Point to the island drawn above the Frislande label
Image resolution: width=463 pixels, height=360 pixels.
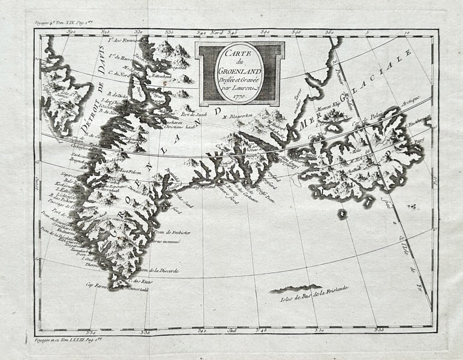click(296, 289)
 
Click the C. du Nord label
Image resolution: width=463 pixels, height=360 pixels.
click(119, 73)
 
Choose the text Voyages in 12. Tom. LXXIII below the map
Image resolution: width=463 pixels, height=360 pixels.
click(64, 340)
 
